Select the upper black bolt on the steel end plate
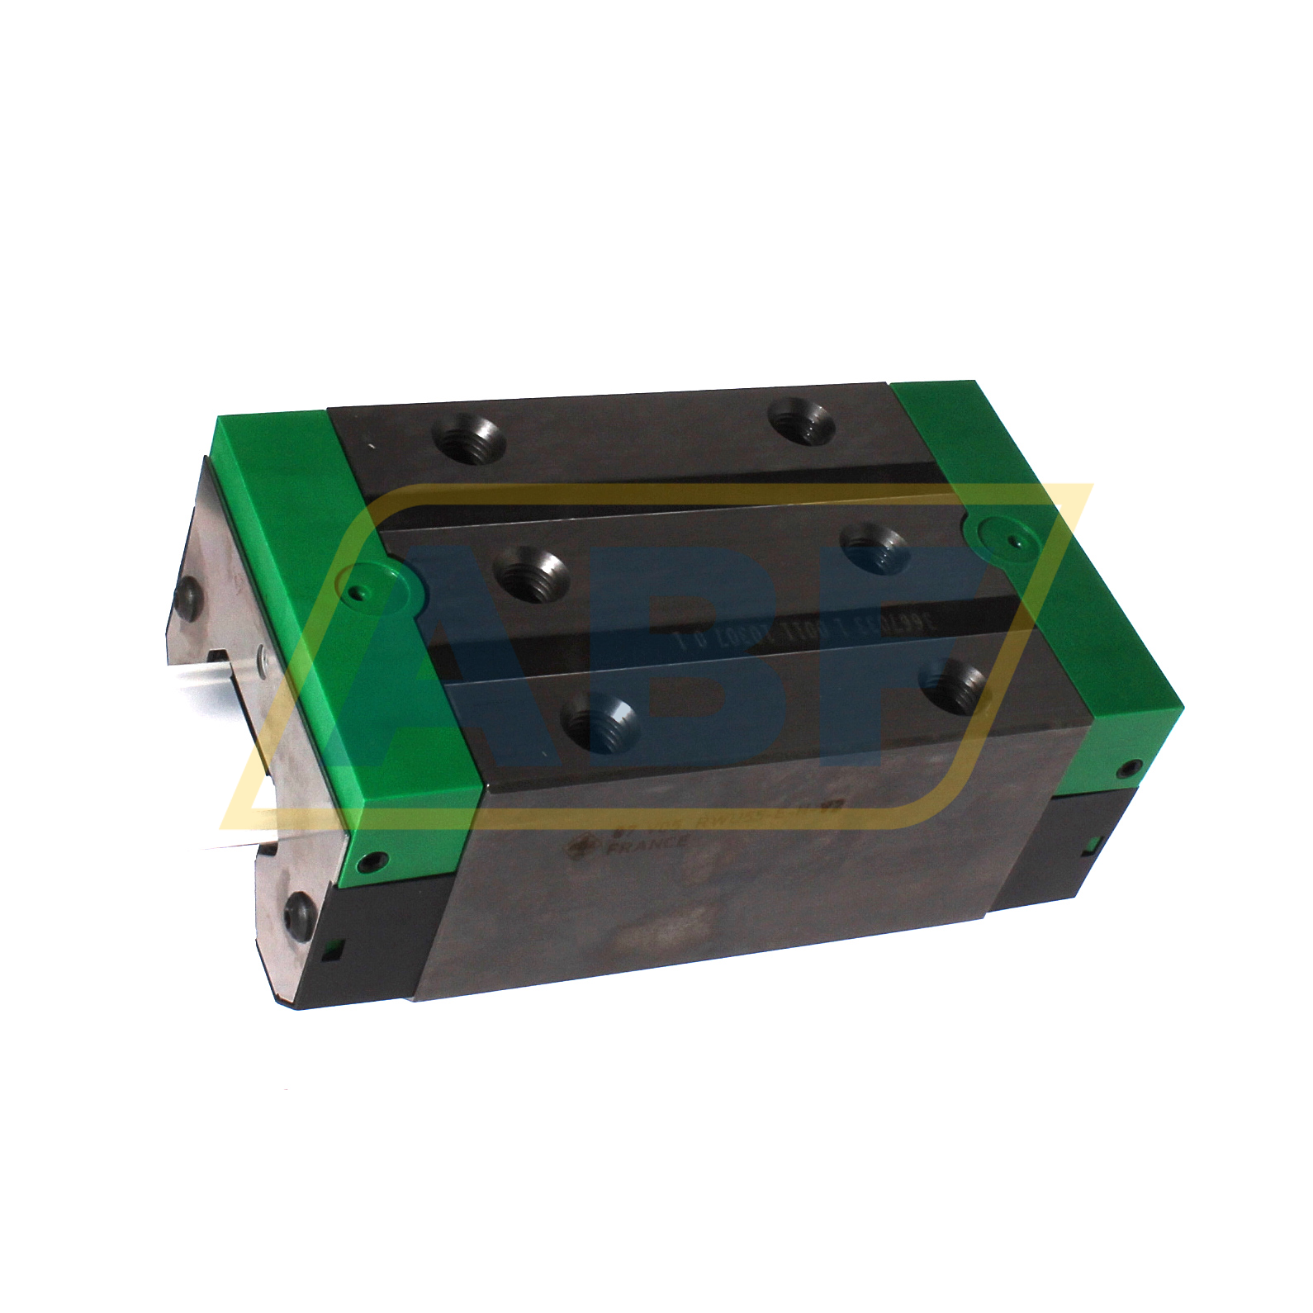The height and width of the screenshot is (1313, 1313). tap(189, 592)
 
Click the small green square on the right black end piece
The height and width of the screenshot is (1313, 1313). tap(1088, 843)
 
